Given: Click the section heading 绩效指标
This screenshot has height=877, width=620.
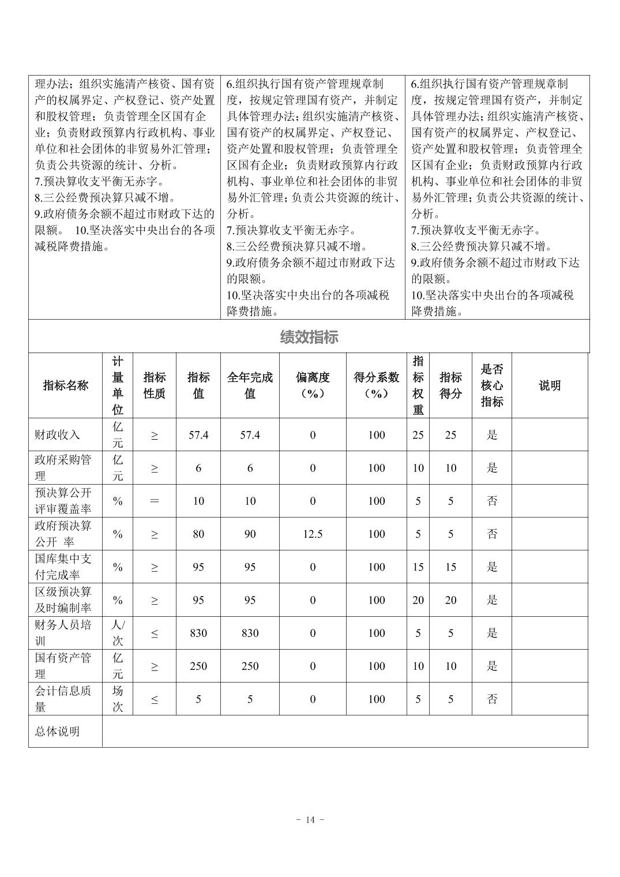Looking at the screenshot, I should pos(309,337).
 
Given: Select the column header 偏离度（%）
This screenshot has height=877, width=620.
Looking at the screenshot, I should pos(313,385).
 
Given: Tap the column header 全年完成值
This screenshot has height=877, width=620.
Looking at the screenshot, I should pos(250,385).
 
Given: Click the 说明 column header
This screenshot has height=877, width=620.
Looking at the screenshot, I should pos(549,385).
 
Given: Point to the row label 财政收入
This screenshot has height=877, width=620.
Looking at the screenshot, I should pos(57,435).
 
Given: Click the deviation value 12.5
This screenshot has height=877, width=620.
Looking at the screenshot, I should pos(313,534).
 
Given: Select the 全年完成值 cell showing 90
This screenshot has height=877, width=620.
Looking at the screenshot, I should pos(250,534).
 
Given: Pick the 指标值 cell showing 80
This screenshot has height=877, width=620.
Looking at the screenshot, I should pos(198,534).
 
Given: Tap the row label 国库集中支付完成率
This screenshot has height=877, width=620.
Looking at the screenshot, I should pos(63,567).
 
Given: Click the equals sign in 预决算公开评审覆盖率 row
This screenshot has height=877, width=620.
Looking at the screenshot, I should pos(154,501).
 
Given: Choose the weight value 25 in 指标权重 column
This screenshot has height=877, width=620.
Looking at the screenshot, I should pos(418,435).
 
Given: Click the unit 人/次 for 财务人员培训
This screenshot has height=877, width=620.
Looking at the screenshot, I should pos(118,633).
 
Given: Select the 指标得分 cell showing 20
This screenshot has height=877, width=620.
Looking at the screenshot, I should pos(450,601).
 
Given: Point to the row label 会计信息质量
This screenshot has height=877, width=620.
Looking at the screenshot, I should pos(63,699).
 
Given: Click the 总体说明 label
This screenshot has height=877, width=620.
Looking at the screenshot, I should pos(57,732).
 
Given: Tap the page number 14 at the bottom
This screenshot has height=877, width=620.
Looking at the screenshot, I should pos(310,820).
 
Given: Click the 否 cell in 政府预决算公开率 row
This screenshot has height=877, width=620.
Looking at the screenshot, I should pos(492,534).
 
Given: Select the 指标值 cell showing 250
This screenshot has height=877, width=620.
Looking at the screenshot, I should pos(198,666).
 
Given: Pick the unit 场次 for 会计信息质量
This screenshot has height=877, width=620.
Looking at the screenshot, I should pos(118,699).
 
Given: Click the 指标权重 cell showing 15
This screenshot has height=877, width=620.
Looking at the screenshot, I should pos(418,567).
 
